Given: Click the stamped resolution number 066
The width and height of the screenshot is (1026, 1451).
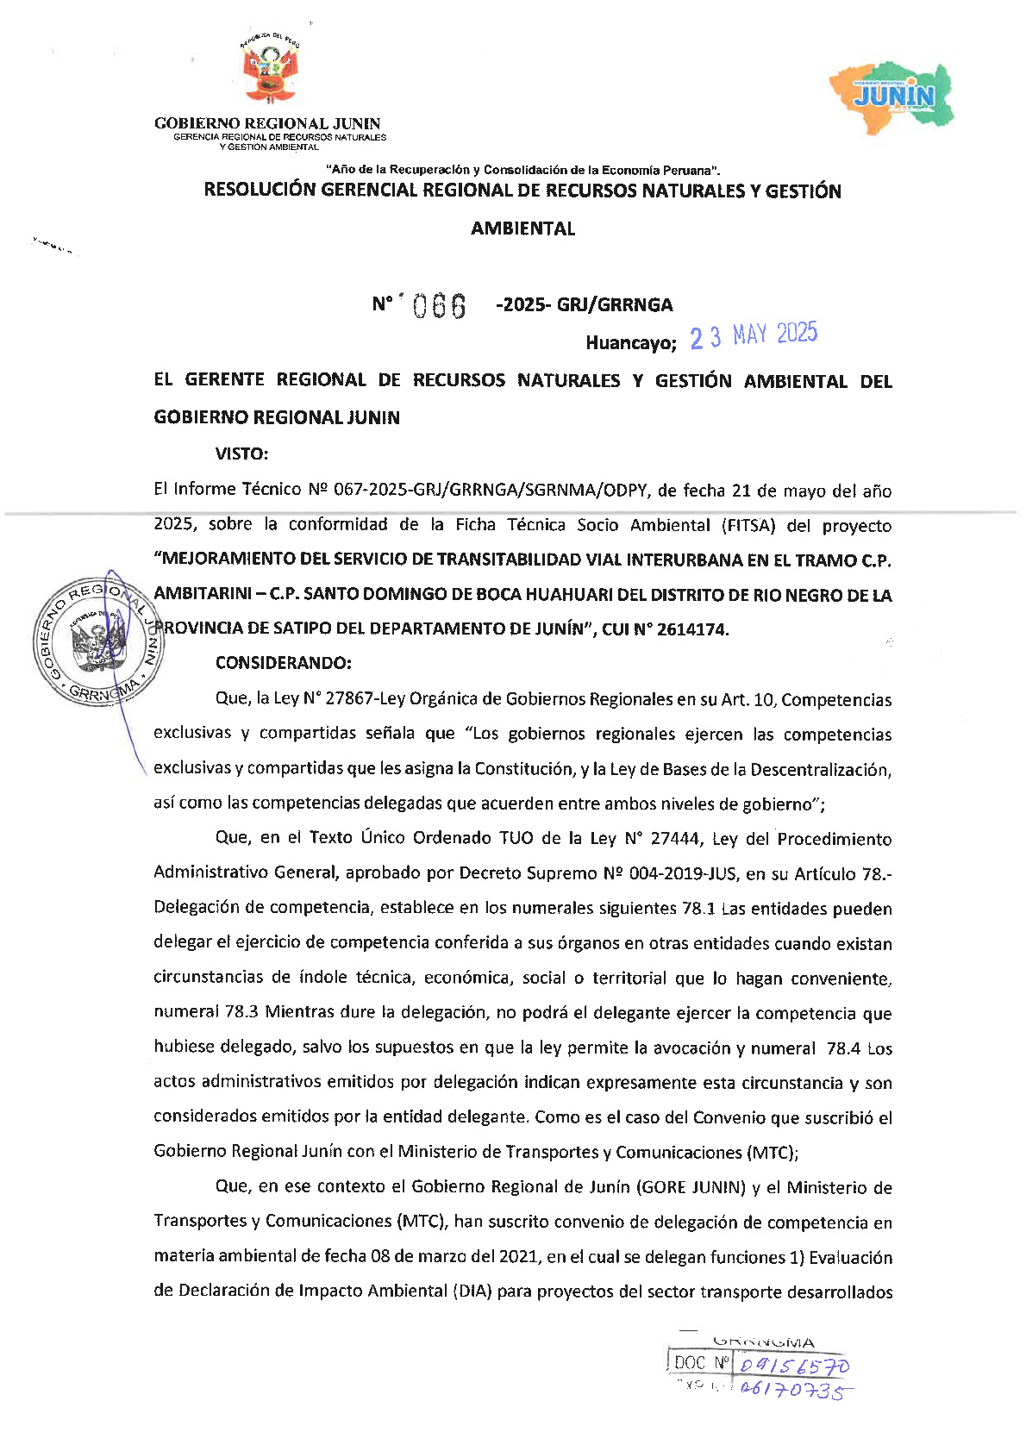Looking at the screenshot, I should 440,305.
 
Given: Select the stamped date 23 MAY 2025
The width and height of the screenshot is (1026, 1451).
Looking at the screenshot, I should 754,335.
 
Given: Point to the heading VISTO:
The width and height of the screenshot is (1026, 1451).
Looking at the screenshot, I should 241,454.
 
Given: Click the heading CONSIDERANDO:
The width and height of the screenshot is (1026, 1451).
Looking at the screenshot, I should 283,663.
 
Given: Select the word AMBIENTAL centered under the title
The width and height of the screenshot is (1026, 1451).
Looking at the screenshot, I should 522,228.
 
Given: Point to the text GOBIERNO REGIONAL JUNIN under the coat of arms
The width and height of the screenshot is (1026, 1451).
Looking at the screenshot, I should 267,123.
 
